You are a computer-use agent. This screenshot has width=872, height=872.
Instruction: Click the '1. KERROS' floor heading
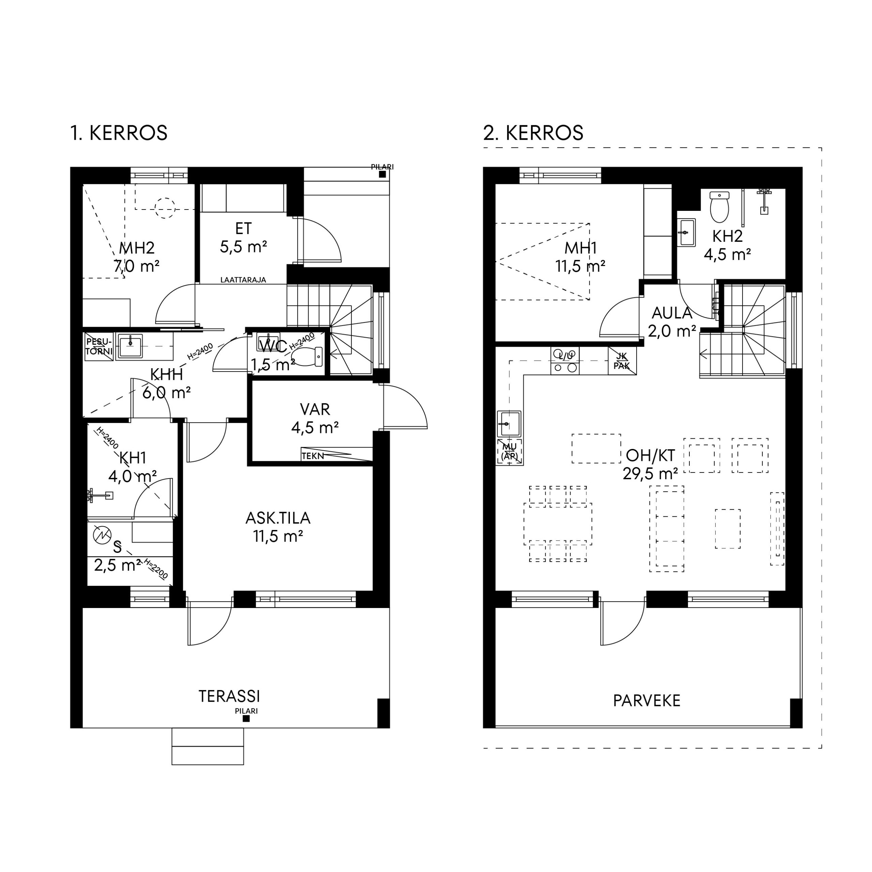119,133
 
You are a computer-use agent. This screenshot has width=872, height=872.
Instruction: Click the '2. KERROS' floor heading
533,133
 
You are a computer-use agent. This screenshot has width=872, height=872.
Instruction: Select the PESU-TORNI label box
99,347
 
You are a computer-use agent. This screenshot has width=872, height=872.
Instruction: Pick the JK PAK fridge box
622,361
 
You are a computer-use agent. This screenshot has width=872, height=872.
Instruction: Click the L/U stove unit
565,361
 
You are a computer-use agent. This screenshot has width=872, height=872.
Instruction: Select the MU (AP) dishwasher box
510,451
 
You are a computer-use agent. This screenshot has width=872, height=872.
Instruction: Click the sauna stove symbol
102,535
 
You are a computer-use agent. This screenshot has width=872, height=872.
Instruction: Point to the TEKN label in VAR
313,456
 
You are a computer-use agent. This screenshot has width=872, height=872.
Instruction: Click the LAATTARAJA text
243,280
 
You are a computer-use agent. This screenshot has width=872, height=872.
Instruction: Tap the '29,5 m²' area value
650,474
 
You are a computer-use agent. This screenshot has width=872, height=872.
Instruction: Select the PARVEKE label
647,700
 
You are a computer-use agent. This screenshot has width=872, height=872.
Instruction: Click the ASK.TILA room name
278,518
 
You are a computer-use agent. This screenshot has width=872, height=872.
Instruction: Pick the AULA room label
672,313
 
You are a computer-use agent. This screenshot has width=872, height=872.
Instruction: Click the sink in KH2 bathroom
686,232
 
